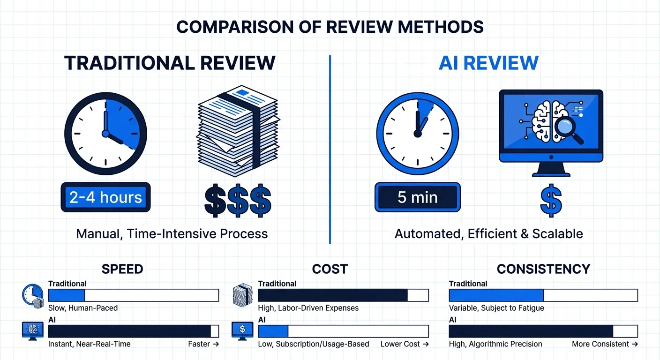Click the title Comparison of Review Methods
(x=330, y=27)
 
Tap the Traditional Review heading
(x=170, y=63)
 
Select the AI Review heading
(x=488, y=63)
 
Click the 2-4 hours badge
(x=105, y=197)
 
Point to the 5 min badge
(x=417, y=197)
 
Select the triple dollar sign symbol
(x=238, y=201)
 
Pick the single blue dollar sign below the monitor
(x=551, y=201)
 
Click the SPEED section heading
(x=122, y=269)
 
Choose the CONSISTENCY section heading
(x=543, y=269)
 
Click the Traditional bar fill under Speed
(x=67, y=295)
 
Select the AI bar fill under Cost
(x=273, y=331)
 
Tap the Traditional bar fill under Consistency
(x=496, y=295)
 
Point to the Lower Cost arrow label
(x=405, y=344)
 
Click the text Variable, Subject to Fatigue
(x=496, y=308)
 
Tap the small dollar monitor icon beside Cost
(x=242, y=330)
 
